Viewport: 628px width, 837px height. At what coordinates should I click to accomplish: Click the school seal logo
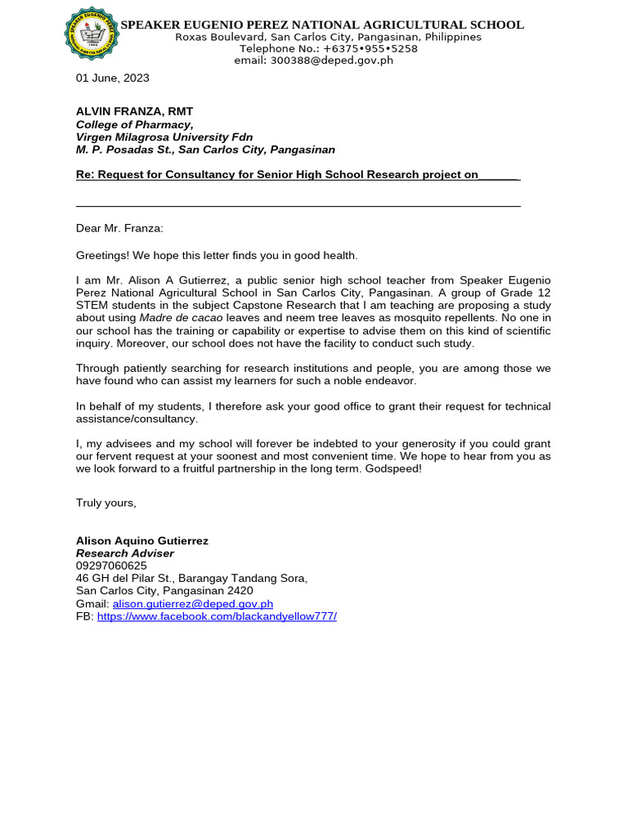pos(92,34)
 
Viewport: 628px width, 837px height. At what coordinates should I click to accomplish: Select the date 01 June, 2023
pos(112,78)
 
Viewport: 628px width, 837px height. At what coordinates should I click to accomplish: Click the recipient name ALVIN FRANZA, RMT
pos(134,111)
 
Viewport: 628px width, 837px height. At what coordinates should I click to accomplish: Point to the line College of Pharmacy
pos(134,124)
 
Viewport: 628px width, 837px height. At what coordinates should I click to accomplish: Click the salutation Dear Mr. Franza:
pos(119,229)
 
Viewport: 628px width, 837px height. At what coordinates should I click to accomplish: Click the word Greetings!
pos(101,256)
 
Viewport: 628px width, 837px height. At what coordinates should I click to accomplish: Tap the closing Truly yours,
pos(105,503)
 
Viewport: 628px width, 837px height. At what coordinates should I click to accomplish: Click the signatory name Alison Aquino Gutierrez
pos(141,541)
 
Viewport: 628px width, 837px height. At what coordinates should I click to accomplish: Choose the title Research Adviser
pos(124,553)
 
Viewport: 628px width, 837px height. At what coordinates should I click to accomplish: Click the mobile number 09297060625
pos(111,566)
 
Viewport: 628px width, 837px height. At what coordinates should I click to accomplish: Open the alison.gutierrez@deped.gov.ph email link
pos(192,603)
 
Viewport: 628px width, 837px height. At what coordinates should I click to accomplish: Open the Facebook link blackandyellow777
pos(216,616)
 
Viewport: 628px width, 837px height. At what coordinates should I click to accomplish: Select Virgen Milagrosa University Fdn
pos(164,137)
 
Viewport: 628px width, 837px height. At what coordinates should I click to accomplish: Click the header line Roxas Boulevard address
pos(328,38)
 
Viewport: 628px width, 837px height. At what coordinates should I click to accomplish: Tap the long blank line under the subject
pos(298,205)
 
